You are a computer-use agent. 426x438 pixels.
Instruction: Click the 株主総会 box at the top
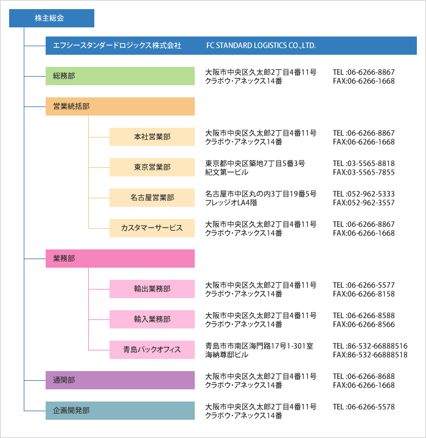click(52, 18)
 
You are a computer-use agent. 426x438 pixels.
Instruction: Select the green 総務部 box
click(120, 76)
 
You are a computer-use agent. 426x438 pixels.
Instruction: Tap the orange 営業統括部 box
click(120, 106)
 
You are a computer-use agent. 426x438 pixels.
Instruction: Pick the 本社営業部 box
click(152, 137)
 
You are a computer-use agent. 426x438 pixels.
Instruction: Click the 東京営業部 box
click(152, 167)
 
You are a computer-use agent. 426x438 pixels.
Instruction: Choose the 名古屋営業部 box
click(152, 198)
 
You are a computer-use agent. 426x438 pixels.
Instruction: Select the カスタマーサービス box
click(152, 228)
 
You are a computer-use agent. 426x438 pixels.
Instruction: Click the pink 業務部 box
click(120, 259)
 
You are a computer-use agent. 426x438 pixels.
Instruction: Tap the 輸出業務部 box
click(152, 289)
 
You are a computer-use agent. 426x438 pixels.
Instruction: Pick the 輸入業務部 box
click(152, 319)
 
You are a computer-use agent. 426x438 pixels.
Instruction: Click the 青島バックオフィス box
click(152, 350)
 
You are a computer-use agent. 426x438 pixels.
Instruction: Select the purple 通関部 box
click(120, 380)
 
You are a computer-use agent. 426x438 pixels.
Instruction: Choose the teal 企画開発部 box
click(120, 411)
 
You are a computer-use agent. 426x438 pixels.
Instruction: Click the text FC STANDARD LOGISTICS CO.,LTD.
click(261, 46)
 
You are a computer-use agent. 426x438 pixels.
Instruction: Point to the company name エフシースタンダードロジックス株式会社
click(117, 46)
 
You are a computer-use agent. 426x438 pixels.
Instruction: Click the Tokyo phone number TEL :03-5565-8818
click(364, 164)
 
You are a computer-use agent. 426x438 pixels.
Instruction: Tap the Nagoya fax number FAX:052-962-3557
click(364, 203)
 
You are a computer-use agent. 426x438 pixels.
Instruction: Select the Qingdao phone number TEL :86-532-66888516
click(370, 346)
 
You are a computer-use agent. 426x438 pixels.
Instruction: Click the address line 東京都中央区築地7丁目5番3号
click(255, 164)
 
